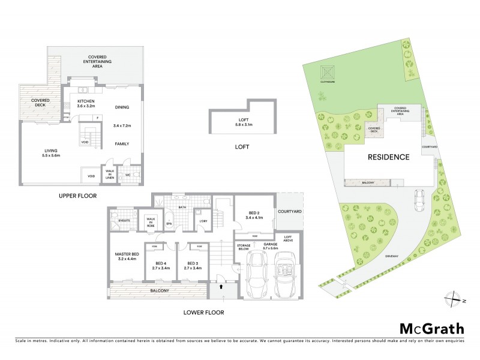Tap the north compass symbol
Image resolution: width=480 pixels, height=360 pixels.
click(x=454, y=298)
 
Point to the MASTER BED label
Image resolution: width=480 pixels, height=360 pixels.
click(x=127, y=256)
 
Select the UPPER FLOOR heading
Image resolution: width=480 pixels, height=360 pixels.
click(x=77, y=196)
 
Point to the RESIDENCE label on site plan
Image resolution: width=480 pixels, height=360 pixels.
click(x=388, y=157)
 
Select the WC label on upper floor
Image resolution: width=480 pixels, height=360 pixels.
click(x=128, y=175)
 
